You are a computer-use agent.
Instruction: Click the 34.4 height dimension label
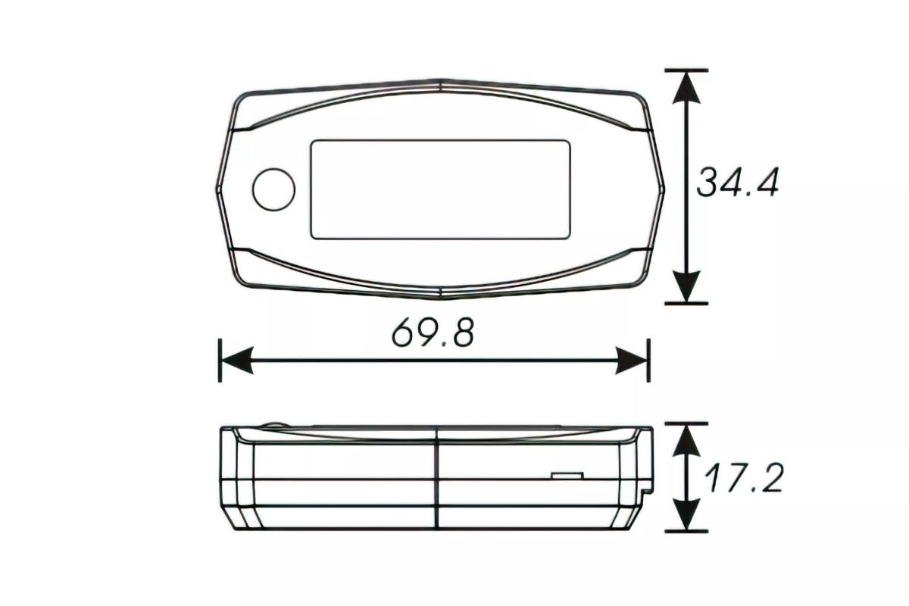[x=737, y=183]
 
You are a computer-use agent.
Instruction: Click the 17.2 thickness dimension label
[x=742, y=477]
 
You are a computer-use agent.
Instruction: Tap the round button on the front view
[x=273, y=189]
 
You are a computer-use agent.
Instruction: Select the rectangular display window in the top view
[x=441, y=189]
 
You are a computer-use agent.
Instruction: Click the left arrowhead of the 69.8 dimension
[x=235, y=361]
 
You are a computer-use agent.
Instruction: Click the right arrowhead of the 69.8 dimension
[x=633, y=361]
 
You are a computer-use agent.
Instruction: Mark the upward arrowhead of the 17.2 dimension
[x=686, y=438]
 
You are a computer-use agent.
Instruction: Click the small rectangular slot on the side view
[x=567, y=476]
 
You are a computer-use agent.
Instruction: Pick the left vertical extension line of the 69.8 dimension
[x=220, y=361]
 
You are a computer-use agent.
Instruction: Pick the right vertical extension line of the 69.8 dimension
[x=648, y=361]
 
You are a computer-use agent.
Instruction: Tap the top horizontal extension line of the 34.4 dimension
[x=686, y=70]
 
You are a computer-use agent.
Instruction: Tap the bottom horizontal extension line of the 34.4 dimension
[x=686, y=303]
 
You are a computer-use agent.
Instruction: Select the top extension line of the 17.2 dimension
[x=686, y=424]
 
